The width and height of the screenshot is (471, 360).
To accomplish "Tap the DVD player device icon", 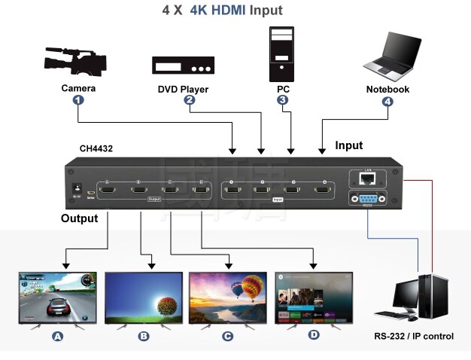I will point(184,66).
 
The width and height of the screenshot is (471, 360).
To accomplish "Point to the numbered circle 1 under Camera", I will point(78,99).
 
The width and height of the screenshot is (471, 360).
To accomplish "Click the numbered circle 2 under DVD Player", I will point(190,99).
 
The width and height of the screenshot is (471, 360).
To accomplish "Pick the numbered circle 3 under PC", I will point(282,99).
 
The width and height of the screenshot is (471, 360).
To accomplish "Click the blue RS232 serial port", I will point(367,200).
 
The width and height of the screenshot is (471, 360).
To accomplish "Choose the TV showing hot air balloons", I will point(228,298).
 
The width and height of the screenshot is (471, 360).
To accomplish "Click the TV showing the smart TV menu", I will point(314,298).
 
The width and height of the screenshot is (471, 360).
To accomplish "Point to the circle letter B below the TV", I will point(144,337).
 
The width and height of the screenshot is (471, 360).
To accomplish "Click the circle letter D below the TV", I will point(314,335).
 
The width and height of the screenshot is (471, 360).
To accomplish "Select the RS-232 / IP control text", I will point(414,337).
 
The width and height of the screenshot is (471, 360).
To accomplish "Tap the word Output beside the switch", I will point(79,218).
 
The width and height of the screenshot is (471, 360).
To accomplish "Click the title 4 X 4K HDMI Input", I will point(223,11).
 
